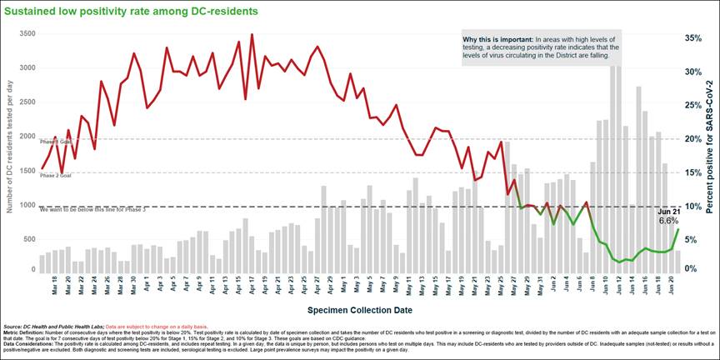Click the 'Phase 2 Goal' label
point(55,176)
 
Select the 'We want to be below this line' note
point(92,210)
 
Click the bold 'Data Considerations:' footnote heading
point(26,342)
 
